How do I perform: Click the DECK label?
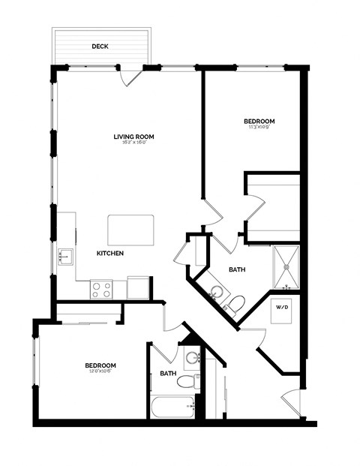coord(100,47)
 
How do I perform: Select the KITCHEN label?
coord(109,253)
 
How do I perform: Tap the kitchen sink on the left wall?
coord(64,257)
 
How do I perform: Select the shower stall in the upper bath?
coord(286,267)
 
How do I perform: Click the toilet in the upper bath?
coord(235,303)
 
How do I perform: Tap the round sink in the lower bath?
coord(190,357)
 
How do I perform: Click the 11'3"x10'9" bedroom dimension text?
coord(259,128)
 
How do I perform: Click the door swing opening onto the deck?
coord(131,76)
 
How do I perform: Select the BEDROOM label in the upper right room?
coord(259,121)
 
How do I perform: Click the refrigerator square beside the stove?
coord(139,287)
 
